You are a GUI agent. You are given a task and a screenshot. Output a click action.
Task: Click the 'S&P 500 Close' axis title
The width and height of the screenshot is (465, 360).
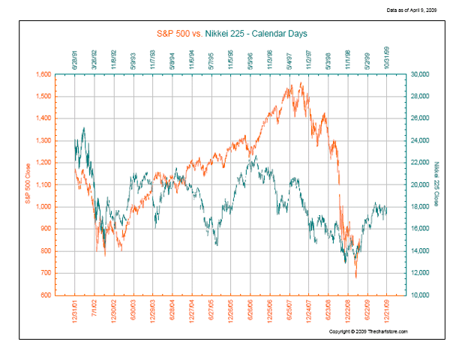point(28,185)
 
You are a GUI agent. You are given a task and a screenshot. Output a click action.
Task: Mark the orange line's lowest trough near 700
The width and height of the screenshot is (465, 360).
point(356,277)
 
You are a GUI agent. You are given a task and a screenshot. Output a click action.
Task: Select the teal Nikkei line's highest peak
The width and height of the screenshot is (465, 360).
point(83,128)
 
